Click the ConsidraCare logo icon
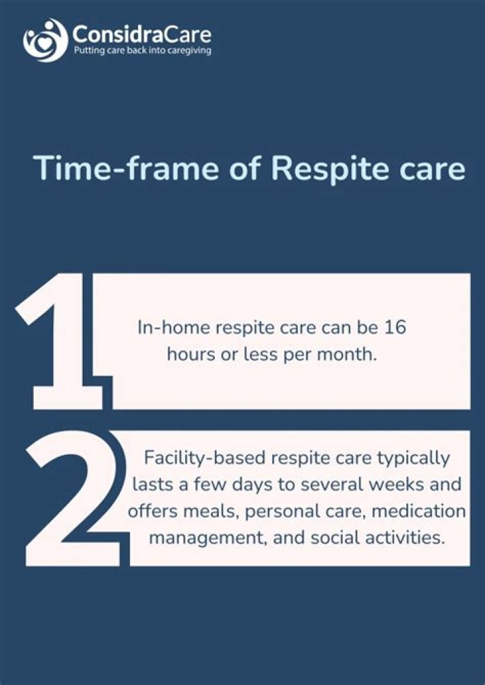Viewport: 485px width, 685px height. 45,40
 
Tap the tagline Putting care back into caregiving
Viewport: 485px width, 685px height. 141,51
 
